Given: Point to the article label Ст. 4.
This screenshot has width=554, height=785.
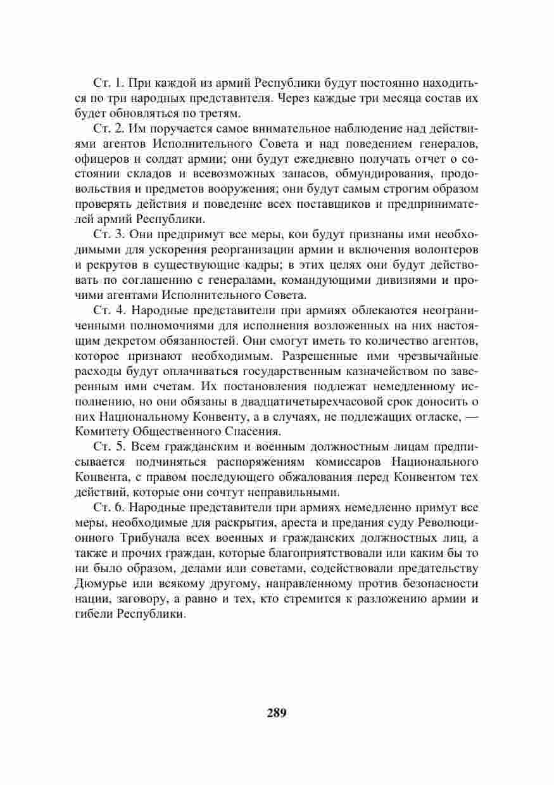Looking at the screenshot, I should pos(105,310).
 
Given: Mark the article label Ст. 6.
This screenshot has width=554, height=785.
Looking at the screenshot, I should pos(105,507).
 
